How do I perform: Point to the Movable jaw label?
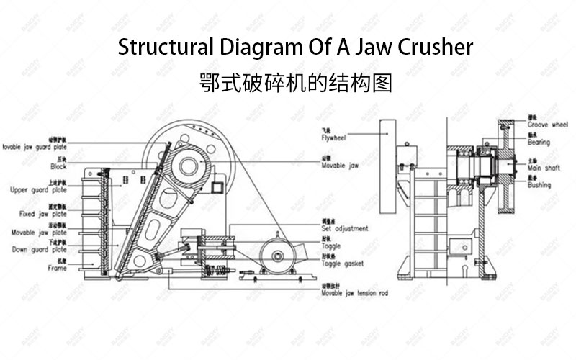coord(340,164)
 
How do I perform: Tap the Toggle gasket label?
coord(343,264)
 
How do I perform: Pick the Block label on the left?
coord(58,166)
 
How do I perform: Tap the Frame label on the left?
coord(57,268)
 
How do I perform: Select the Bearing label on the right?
coord(539,143)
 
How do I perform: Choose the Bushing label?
coord(539,185)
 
